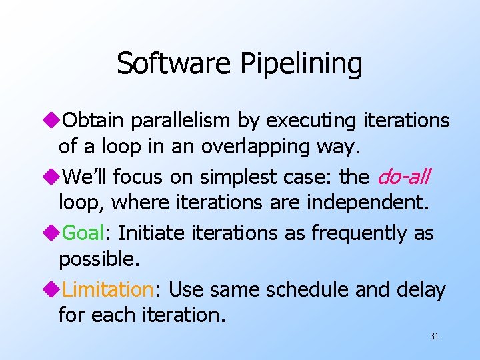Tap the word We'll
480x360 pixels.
[x=85, y=177]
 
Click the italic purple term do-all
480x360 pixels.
[x=404, y=177]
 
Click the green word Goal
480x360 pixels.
[x=83, y=233]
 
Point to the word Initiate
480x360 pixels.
[x=148, y=233]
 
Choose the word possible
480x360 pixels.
[x=99, y=259]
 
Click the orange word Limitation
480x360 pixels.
[x=108, y=290]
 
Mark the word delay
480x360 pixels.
[x=422, y=290]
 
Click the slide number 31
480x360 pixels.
[x=434, y=337]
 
